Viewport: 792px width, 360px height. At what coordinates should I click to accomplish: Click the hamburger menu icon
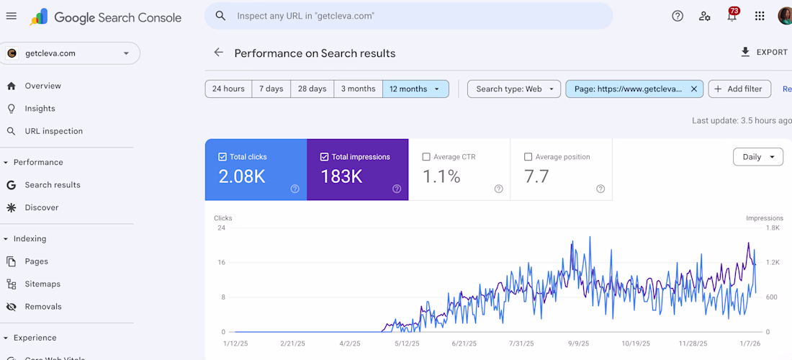[x=12, y=16]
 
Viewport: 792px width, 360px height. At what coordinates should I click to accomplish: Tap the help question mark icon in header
[x=678, y=16]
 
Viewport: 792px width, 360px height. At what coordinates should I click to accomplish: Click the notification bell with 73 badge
[x=732, y=16]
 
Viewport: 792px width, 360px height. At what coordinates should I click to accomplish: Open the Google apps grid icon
[x=760, y=16]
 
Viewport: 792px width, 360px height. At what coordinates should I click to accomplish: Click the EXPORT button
[x=764, y=53]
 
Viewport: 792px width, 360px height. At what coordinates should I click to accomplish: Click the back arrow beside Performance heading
[x=219, y=53]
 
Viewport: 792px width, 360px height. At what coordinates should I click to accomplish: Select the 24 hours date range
[x=228, y=89]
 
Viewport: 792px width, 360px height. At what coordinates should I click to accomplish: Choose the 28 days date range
[x=312, y=89]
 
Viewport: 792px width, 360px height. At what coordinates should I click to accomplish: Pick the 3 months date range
[x=358, y=89]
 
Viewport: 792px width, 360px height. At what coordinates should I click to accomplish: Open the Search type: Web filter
[x=514, y=89]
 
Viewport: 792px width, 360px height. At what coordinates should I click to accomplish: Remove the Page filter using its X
[x=694, y=89]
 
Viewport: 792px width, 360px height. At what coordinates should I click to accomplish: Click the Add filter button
[x=739, y=89]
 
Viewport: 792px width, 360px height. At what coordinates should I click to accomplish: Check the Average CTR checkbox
[x=427, y=157]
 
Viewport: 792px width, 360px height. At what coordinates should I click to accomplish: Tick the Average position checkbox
[x=528, y=157]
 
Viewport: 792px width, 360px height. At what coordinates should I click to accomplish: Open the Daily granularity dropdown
[x=757, y=157]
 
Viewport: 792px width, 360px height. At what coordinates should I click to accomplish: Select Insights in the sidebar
[x=40, y=109]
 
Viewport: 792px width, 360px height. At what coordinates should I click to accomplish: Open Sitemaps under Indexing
[x=42, y=284]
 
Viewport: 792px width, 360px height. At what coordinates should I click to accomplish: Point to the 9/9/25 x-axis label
[x=578, y=343]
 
